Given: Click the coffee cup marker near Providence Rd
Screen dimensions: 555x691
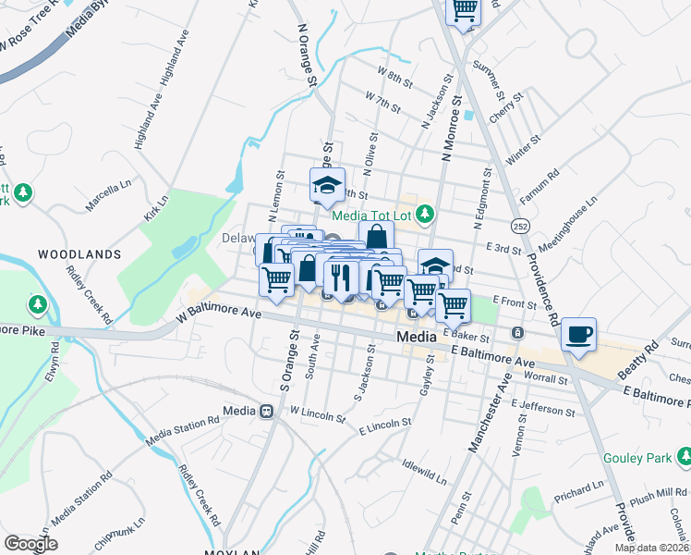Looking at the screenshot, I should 578,335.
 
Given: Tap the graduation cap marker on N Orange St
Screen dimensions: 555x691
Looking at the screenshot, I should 327,186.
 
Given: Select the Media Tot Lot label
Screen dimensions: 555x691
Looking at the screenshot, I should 370,216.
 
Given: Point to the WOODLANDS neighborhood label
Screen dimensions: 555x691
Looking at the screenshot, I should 79,253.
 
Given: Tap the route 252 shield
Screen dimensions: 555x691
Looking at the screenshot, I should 522,226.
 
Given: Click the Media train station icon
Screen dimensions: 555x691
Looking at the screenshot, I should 267,412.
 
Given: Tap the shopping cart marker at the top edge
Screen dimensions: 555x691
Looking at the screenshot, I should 464,10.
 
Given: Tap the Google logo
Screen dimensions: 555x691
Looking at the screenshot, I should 30,544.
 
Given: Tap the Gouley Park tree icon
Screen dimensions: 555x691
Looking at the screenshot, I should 685,456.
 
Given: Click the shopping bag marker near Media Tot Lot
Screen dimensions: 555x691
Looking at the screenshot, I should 376,236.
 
